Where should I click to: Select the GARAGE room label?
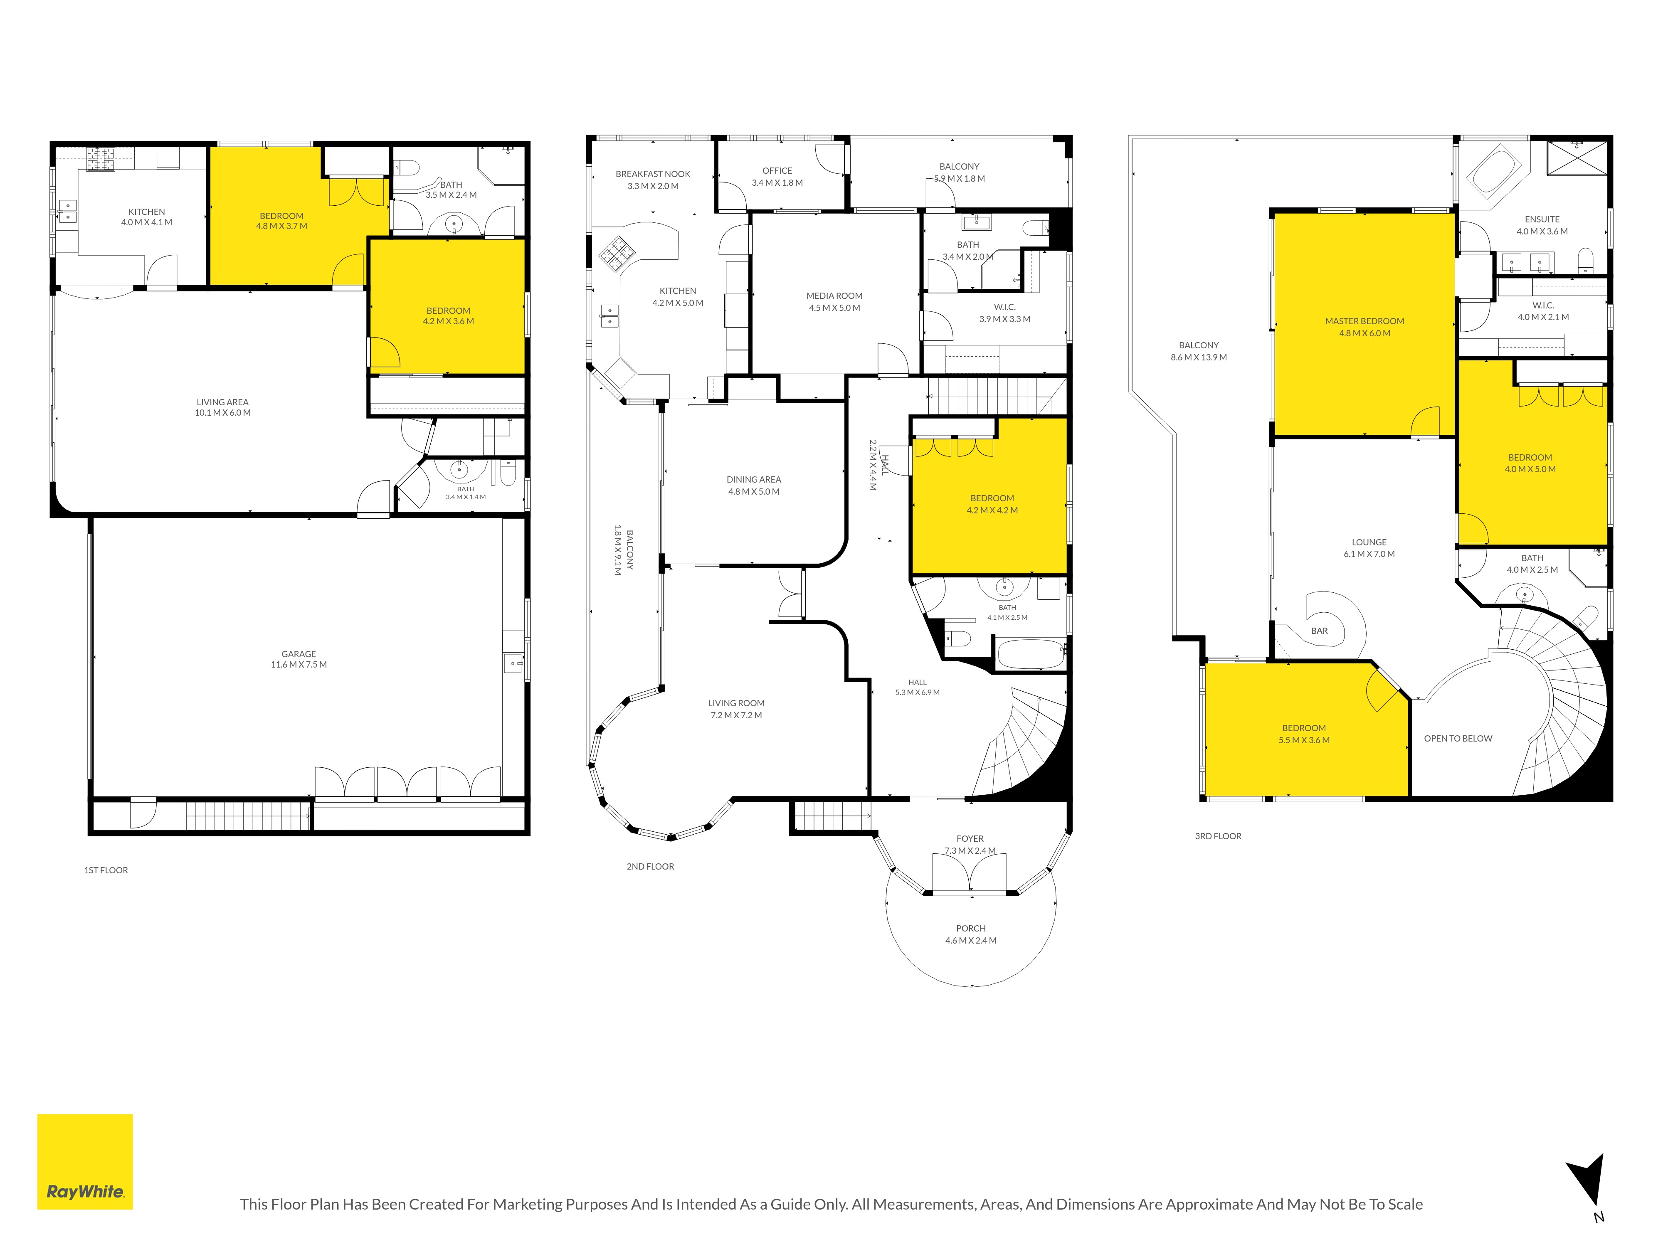click(299, 654)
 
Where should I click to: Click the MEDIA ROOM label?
click(834, 296)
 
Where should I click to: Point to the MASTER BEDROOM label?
click(1364, 321)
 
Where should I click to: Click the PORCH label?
click(971, 928)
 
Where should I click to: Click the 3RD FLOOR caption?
click(1218, 836)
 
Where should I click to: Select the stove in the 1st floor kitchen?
click(100, 159)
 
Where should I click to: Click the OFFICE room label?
click(777, 170)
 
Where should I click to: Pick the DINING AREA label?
click(753, 480)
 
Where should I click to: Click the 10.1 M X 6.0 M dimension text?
click(222, 413)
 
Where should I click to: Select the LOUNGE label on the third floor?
click(1369, 542)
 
